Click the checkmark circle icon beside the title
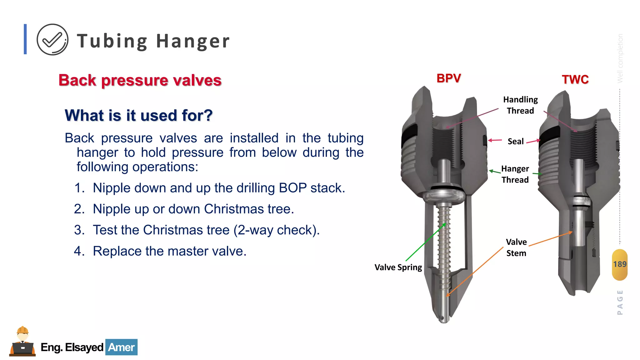52,40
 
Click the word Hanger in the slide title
192,41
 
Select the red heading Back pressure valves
140,80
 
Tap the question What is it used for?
138,115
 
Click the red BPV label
448,78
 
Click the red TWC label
575,79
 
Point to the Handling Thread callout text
520,105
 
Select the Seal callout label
515,142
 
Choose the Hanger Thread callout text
515,174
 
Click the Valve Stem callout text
516,247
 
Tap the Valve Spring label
398,267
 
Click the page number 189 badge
619,264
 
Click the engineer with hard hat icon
22,342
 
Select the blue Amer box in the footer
121,347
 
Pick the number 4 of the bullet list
79,251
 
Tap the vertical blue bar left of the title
25,39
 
